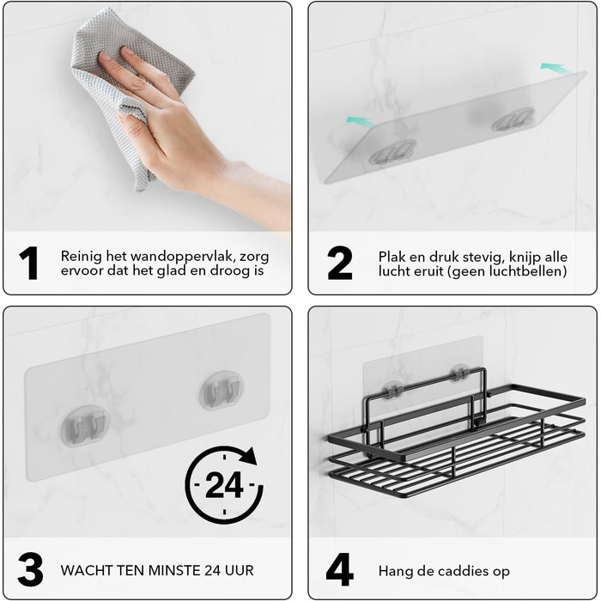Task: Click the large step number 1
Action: point(28,263)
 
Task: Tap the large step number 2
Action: point(340,263)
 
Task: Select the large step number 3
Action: point(30,569)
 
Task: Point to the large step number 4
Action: point(340,569)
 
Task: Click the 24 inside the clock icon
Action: point(224,485)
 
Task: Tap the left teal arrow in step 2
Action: point(361,122)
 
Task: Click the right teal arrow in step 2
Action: point(555,68)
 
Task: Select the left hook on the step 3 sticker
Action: point(85,426)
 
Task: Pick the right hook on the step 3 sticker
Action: point(222,390)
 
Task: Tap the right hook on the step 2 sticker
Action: point(513,119)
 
